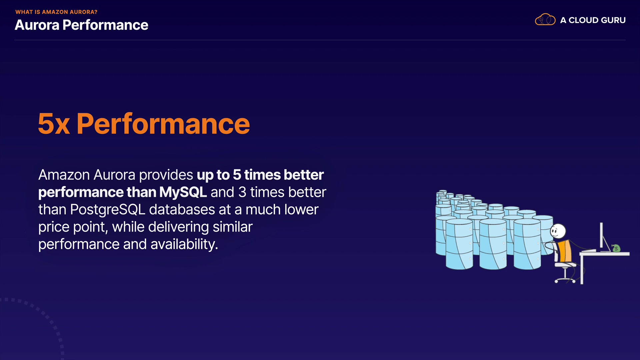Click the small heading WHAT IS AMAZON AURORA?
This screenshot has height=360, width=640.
pyautogui.click(x=56, y=12)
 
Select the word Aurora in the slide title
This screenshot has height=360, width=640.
pyautogui.click(x=37, y=25)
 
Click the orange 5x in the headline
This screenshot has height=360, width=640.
pyautogui.click(x=54, y=124)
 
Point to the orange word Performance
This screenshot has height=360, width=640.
pyautogui.click(x=163, y=124)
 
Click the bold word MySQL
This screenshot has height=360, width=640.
pyautogui.click(x=183, y=192)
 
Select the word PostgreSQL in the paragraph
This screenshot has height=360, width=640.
pyautogui.click(x=108, y=210)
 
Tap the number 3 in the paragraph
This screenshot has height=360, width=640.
pyautogui.click(x=242, y=192)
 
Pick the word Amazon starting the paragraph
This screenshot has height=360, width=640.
pyautogui.click(x=64, y=175)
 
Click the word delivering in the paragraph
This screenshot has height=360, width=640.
pyautogui.click(x=179, y=227)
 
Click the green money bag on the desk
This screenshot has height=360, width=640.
pyautogui.click(x=616, y=248)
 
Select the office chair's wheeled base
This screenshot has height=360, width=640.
pyautogui.click(x=565, y=278)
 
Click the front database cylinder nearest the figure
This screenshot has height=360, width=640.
pyautogui.click(x=527, y=244)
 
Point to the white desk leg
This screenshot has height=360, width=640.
pyautogui.click(x=582, y=270)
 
